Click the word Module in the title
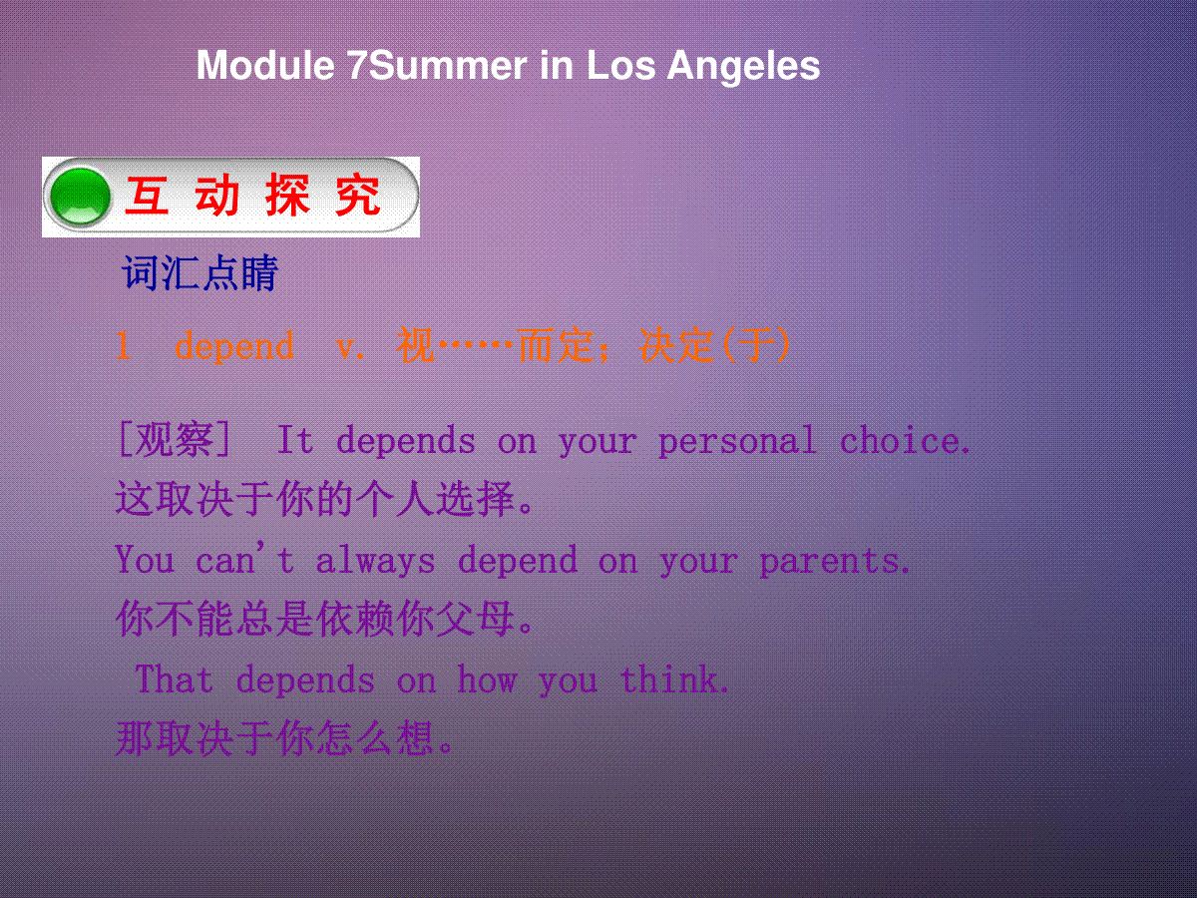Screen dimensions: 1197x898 pyautogui.click(x=265, y=66)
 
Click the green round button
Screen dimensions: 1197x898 pyautogui.click(x=81, y=197)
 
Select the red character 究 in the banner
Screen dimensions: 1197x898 pyautogui.click(x=358, y=196)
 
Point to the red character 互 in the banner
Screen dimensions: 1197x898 pyautogui.click(x=147, y=196)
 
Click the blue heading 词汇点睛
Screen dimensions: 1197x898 pyautogui.click(x=200, y=272)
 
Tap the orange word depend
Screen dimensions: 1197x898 pyautogui.click(x=234, y=346)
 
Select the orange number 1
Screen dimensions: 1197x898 pyautogui.click(x=124, y=345)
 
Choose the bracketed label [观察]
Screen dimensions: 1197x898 pyautogui.click(x=175, y=439)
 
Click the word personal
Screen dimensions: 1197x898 pyautogui.click(x=738, y=442)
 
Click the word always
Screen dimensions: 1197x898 pyautogui.click(x=376, y=561)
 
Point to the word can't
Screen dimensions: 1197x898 pyautogui.click(x=245, y=559)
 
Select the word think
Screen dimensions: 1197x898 pyautogui.click(x=675, y=679)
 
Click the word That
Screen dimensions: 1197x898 pyautogui.click(x=175, y=679)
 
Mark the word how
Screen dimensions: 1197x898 pyautogui.click(x=487, y=679)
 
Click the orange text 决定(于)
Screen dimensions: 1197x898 pyautogui.click(x=714, y=345)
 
